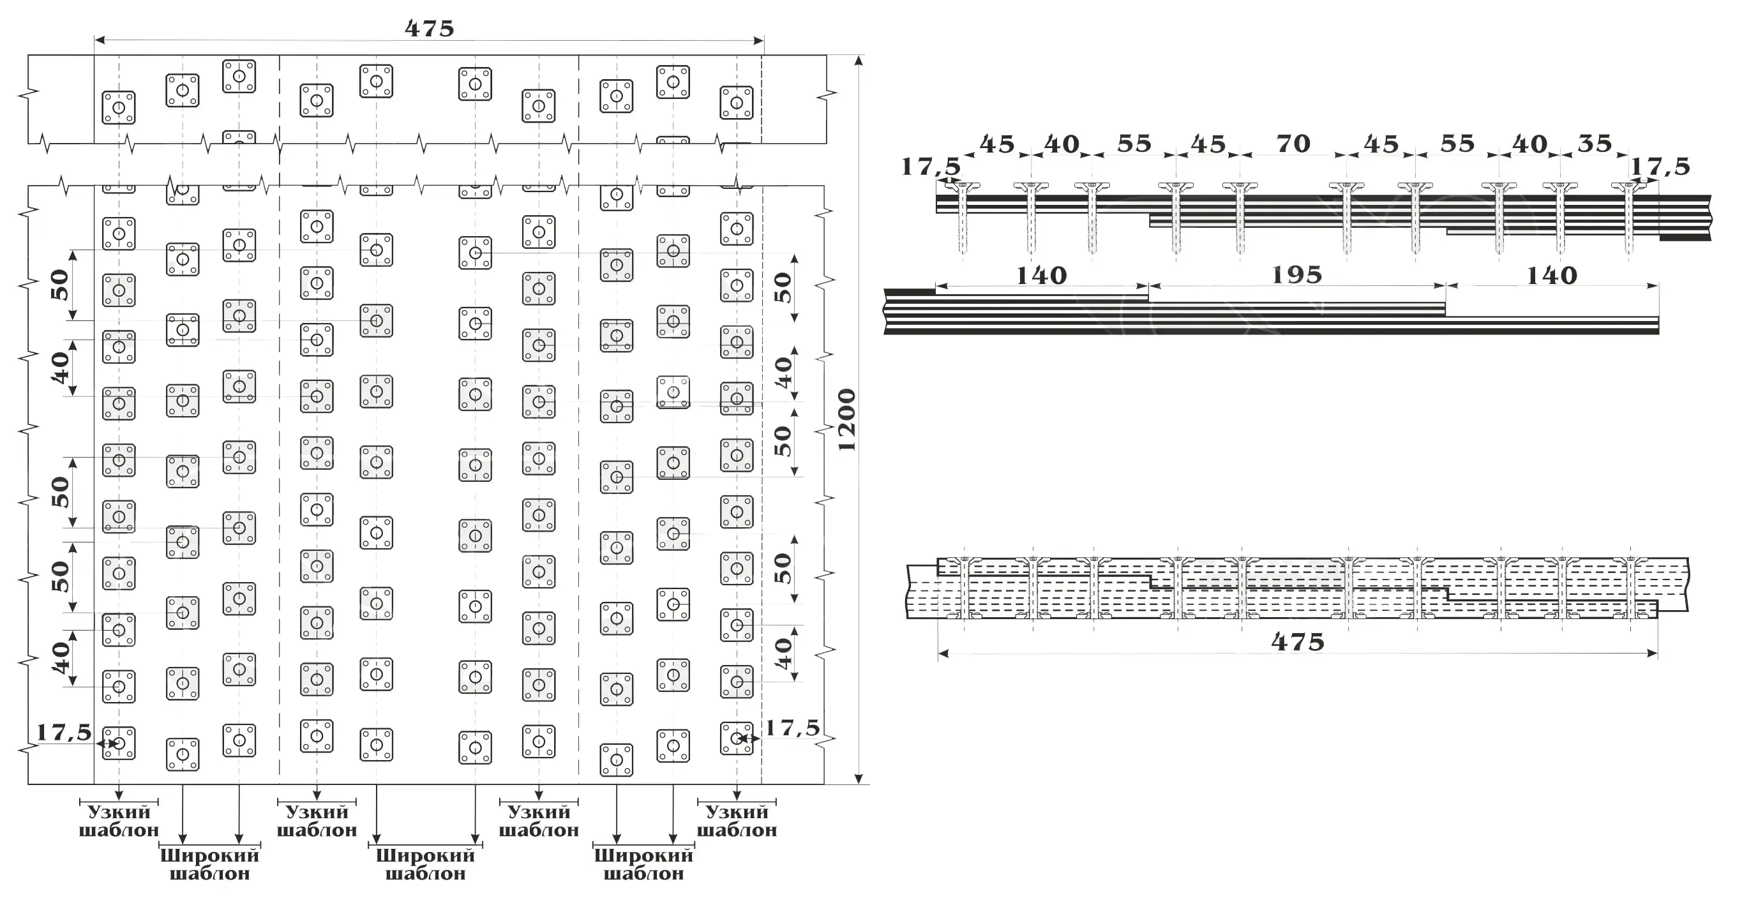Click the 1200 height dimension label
tap(846, 420)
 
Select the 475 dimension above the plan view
tap(430, 28)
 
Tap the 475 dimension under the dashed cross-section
tap(1298, 641)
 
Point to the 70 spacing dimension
tap(1293, 144)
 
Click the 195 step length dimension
tap(1297, 275)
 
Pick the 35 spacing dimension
tap(1595, 144)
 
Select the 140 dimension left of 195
tap(1041, 276)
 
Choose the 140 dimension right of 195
tap(1552, 276)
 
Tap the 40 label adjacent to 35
tap(1529, 144)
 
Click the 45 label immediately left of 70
tap(1208, 144)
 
